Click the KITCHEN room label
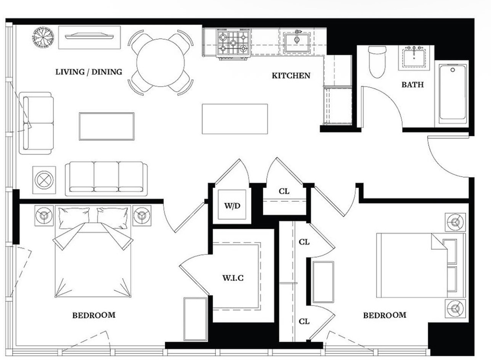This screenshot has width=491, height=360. pos(291,75)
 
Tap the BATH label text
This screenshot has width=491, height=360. pos(412,84)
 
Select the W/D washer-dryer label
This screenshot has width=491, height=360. pos(232,206)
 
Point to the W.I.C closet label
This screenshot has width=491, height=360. pos(233,278)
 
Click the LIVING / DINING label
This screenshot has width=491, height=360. pos(89,72)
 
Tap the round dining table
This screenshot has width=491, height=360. pos(161,63)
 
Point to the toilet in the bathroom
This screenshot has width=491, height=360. pos(377,62)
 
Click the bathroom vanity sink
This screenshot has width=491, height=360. pos(414,58)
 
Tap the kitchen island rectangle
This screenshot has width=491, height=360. pos(235,119)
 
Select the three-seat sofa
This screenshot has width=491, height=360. pos(106,178)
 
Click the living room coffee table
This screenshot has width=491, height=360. pos(106,126)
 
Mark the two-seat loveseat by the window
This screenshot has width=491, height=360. pos(36,123)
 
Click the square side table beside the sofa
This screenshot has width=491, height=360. pos(44,180)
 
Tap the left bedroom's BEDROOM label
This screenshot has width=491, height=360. pos(94,315)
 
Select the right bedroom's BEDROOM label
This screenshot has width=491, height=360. pos(385,315)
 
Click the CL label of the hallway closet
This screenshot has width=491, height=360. pos(284,191)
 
